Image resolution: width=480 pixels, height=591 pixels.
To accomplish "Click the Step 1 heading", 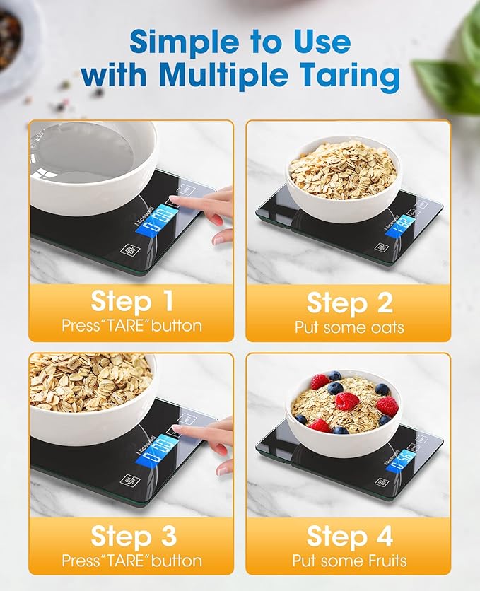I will click(x=131, y=302).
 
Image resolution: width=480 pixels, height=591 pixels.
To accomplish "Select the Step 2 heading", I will click(x=349, y=302).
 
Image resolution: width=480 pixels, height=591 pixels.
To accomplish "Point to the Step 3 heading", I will click(x=131, y=537).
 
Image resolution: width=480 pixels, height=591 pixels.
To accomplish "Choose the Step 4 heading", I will click(x=349, y=537).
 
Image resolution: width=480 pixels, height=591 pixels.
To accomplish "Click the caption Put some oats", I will click(x=349, y=327).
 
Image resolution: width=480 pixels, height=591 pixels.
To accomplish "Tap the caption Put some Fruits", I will click(x=349, y=561).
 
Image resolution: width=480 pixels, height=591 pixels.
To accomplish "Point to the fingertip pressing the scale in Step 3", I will click(x=177, y=430).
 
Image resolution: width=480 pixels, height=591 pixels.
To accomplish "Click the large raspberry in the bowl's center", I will click(x=346, y=401).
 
